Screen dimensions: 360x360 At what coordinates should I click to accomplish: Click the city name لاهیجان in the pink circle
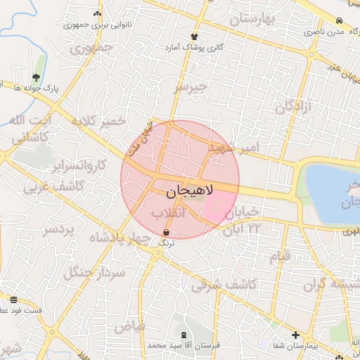[186, 191]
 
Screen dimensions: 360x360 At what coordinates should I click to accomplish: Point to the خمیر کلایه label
[98, 121]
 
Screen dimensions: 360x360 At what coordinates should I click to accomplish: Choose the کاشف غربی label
[54, 187]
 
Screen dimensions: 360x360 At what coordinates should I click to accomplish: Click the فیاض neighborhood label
[129, 326]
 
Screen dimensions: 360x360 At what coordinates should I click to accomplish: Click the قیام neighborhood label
[280, 257]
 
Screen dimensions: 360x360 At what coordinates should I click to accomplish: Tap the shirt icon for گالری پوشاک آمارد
[195, 35]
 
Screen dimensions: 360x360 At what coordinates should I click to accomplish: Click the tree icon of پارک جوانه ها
[36, 77]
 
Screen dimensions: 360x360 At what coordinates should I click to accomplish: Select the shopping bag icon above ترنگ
[166, 232]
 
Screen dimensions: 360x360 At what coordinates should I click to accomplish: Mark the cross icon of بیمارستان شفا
[295, 335]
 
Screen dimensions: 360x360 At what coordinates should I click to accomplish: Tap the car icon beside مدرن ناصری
[340, 21]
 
